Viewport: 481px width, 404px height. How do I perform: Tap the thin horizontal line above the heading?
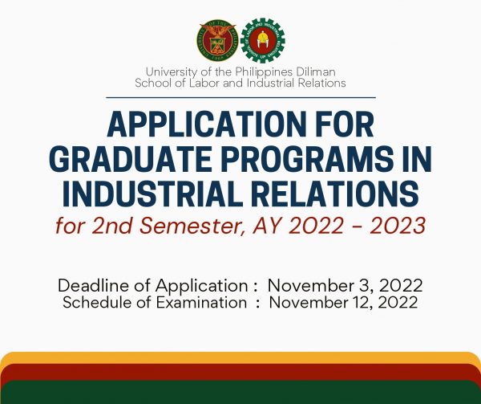click(240, 97)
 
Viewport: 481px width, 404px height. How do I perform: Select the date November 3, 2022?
click(345, 286)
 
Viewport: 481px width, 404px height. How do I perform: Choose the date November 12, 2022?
click(343, 303)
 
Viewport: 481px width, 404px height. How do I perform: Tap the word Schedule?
click(99, 303)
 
